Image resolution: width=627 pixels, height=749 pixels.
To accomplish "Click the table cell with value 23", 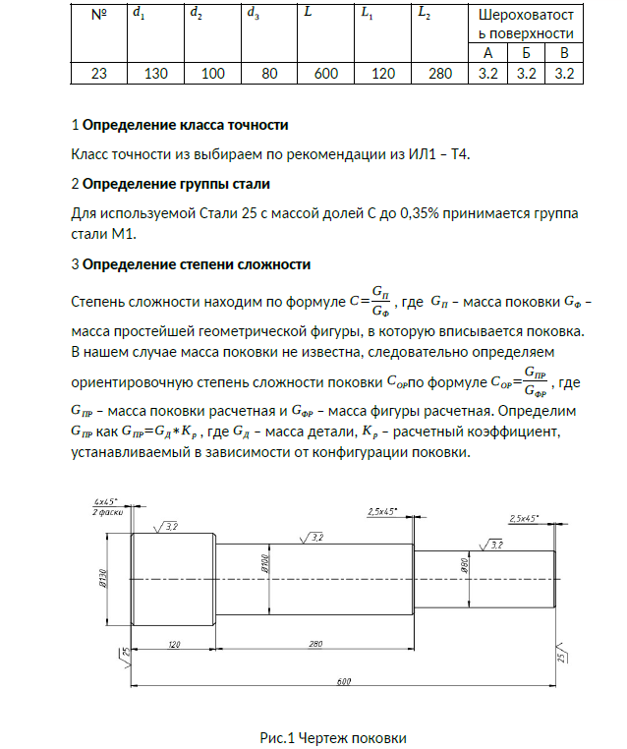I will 98,74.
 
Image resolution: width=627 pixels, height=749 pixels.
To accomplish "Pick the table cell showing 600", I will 324,74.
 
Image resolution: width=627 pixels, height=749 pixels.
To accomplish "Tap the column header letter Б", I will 525,53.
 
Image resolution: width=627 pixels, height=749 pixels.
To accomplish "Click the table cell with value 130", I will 156,74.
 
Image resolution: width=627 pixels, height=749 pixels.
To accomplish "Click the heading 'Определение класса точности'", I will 185,126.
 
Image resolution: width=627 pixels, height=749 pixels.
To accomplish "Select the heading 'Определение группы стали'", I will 176,184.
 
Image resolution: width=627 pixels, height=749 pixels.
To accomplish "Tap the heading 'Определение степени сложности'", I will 197,264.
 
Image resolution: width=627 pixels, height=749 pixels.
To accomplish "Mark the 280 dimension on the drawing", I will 315,644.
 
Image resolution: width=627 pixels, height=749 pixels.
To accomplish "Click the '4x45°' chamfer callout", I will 106,502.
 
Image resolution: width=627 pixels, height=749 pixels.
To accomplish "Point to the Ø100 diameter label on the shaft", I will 265,564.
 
